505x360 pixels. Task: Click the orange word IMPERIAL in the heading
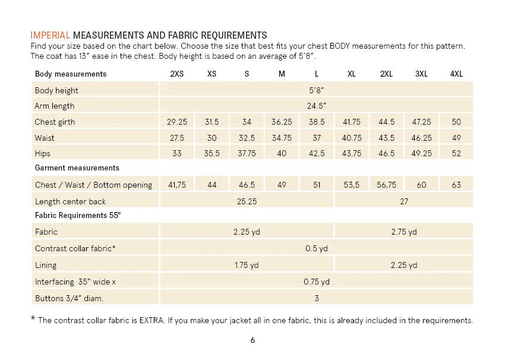pyautogui.click(x=50, y=35)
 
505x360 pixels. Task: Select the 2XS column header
pyautogui.click(x=177, y=74)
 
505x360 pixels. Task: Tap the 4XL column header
pyautogui.click(x=456, y=74)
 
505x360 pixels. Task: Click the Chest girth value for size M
pyautogui.click(x=282, y=122)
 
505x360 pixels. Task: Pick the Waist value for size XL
pyautogui.click(x=351, y=138)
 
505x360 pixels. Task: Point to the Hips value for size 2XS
pyautogui.click(x=177, y=153)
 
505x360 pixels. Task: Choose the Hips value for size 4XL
pyautogui.click(x=456, y=153)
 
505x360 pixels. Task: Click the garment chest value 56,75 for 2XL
pyautogui.click(x=387, y=185)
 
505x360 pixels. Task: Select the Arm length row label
pyautogui.click(x=55, y=106)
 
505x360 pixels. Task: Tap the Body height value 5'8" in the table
pyautogui.click(x=316, y=90)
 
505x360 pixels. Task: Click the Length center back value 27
pyautogui.click(x=404, y=201)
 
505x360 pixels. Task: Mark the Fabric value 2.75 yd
pyautogui.click(x=404, y=232)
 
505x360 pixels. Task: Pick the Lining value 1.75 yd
pyautogui.click(x=247, y=265)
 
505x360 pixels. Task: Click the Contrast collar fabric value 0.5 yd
pyautogui.click(x=316, y=248)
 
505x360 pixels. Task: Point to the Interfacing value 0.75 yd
pyautogui.click(x=316, y=282)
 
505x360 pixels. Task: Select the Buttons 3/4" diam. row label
pyautogui.click(x=70, y=298)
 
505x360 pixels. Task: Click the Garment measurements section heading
pyautogui.click(x=77, y=168)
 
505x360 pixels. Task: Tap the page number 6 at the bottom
pyautogui.click(x=252, y=340)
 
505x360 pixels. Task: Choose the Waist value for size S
pyautogui.click(x=247, y=138)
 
